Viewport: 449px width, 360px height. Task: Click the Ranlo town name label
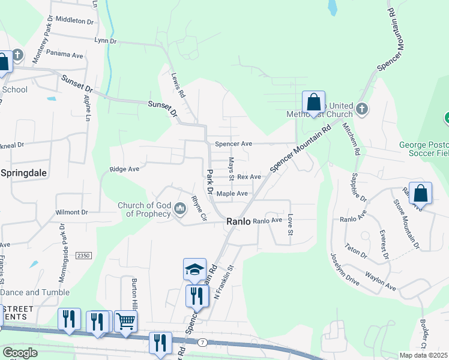click(238, 221)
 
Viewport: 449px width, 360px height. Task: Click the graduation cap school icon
click(194, 270)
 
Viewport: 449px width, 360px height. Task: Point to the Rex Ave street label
click(249, 177)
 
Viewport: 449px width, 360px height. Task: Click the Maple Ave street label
click(232, 194)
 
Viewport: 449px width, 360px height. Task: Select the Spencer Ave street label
click(234, 145)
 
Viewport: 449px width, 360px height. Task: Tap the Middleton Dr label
click(75, 20)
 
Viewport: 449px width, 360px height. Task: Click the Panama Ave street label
click(64, 54)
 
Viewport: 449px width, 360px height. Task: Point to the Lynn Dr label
click(105, 41)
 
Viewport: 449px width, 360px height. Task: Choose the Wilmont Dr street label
click(71, 212)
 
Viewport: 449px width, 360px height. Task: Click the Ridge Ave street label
click(124, 169)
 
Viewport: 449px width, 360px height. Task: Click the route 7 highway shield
click(203, 342)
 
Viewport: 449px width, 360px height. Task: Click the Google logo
click(20, 352)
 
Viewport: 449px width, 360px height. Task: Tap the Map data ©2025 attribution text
click(423, 355)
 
